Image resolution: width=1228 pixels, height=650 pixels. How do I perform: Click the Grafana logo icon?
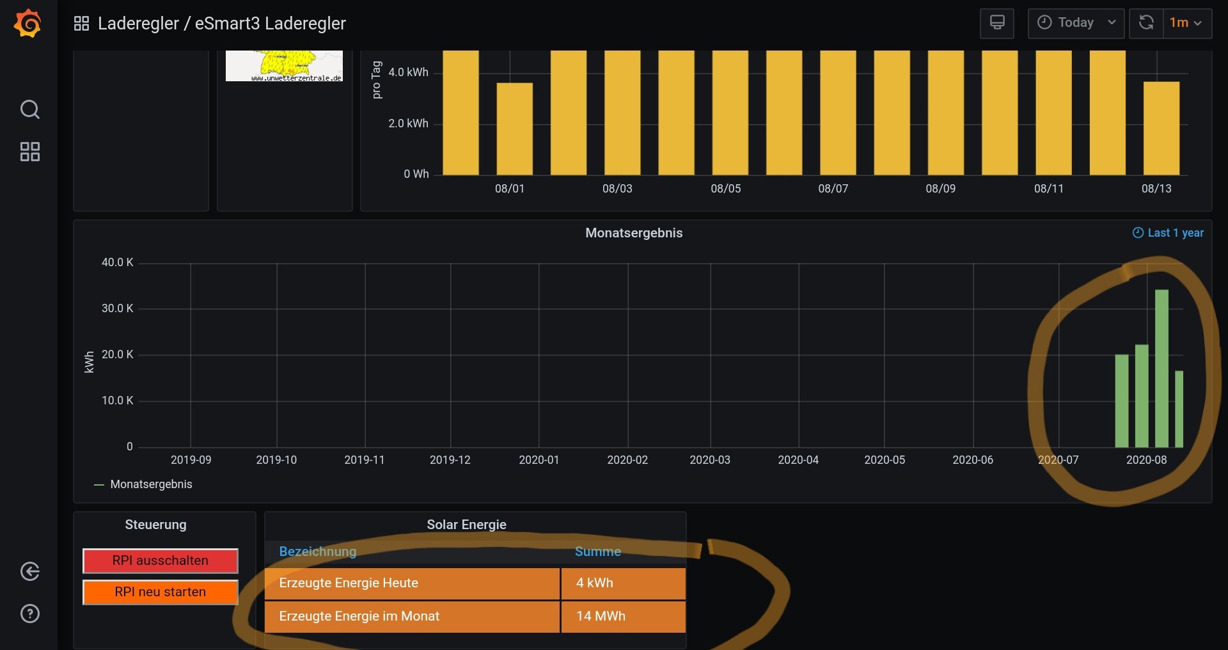point(28,24)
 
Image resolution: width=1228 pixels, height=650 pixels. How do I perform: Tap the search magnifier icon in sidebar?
point(30,109)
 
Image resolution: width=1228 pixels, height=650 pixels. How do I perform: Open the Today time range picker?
point(1076,23)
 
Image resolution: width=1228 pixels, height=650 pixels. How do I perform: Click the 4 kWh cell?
point(623,583)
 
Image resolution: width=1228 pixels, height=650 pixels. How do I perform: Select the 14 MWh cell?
point(623,616)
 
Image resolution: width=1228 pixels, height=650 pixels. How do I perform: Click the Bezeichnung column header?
point(318,551)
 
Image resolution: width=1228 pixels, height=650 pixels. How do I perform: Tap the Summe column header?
point(597,551)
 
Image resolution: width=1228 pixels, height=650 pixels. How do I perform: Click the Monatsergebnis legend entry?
point(151,484)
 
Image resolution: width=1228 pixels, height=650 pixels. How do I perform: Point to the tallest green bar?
point(1161,368)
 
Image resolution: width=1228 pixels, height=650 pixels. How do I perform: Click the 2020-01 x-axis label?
point(539,460)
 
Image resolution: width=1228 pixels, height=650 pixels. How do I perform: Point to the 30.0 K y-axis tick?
point(118,308)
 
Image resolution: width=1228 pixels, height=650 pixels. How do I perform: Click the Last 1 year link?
point(1169,233)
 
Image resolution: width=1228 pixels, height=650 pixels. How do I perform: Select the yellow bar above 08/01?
point(514,128)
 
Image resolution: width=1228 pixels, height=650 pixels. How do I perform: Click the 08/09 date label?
point(940,189)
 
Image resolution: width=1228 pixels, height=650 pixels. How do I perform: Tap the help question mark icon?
point(30,614)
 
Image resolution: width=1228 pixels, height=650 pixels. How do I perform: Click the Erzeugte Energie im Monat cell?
point(411,616)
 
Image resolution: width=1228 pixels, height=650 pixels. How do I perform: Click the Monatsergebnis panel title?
point(634,233)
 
